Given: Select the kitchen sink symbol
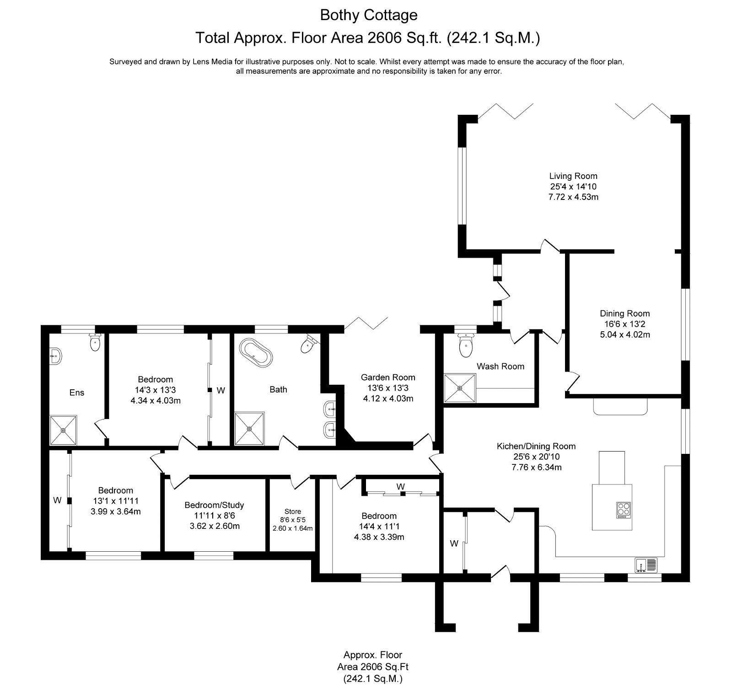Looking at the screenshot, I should point(646,565).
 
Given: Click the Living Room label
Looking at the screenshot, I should point(573,176).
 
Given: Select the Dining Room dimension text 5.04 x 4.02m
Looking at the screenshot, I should point(624,334).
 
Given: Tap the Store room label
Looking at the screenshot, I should point(293,511).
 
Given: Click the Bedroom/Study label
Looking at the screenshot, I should point(214,505).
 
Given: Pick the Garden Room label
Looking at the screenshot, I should point(388,377).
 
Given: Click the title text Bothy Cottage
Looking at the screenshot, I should point(368,15).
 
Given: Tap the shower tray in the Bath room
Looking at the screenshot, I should point(249,428).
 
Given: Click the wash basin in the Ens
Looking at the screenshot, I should point(54,355).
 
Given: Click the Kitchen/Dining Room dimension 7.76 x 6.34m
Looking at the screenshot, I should point(536,467).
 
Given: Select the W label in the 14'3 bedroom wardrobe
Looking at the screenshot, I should point(221,390).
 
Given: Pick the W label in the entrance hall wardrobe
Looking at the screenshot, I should point(454,543).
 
